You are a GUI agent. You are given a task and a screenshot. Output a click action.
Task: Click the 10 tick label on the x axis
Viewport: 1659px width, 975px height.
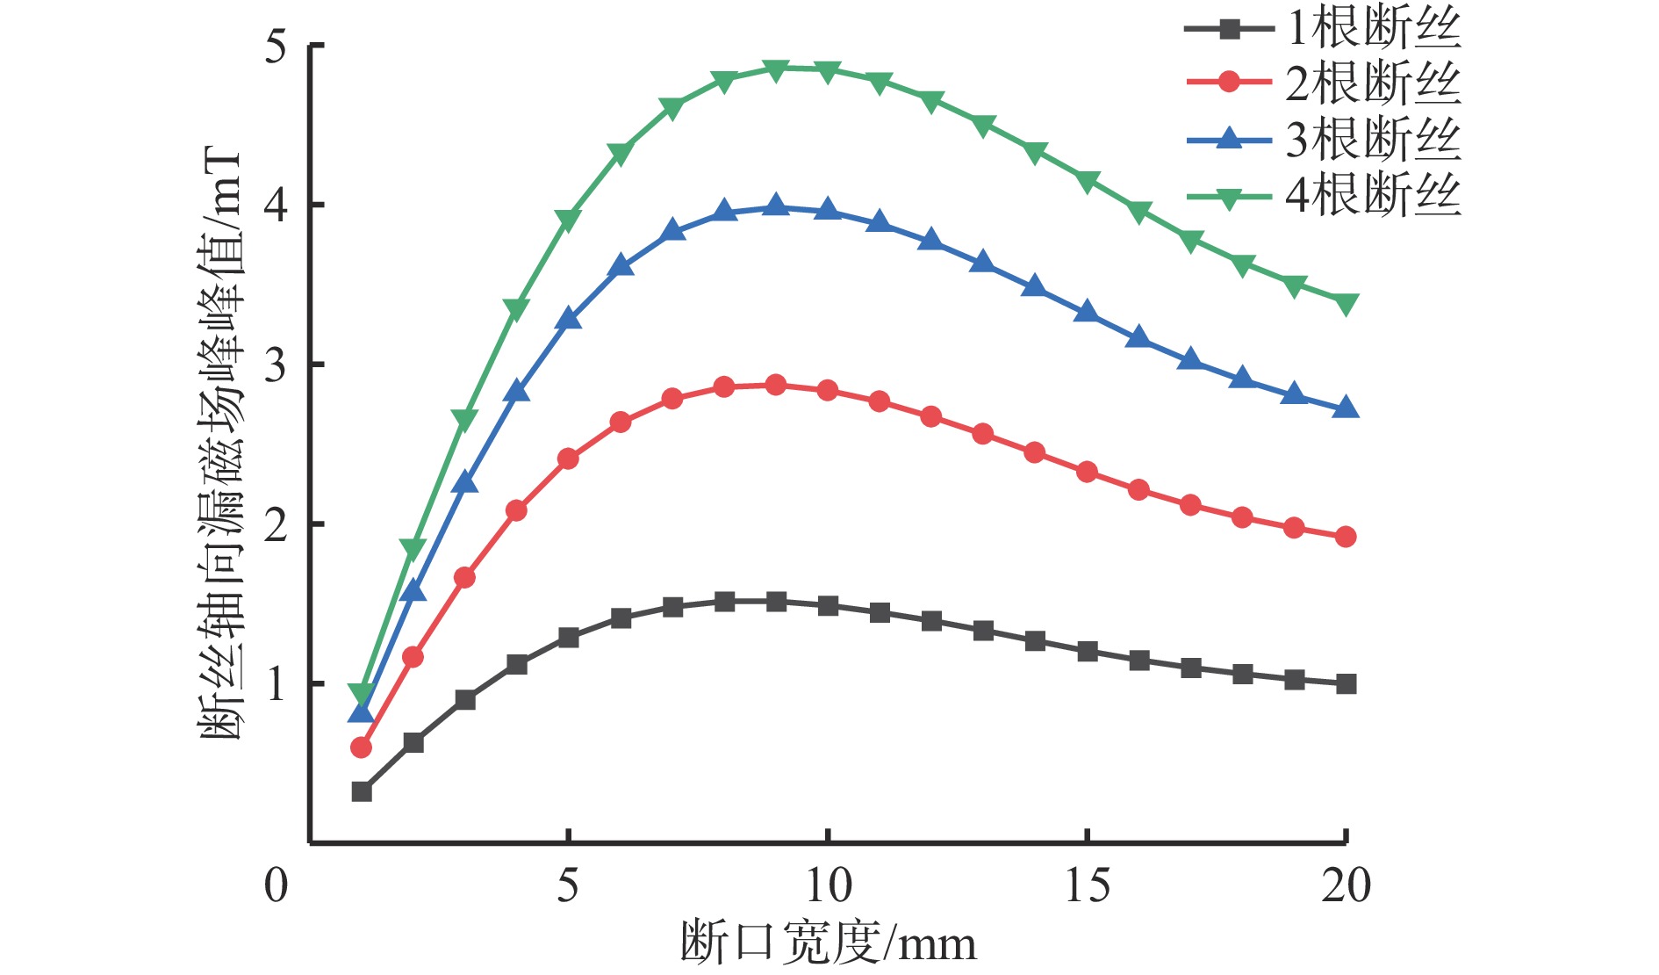pos(827,885)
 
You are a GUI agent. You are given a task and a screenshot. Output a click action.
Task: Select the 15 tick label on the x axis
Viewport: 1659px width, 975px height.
pos(1087,885)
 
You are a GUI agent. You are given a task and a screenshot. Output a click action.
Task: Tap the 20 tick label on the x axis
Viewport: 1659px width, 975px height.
pos(1345,885)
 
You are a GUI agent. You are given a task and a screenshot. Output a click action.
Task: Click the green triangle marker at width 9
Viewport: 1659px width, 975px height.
pos(776,69)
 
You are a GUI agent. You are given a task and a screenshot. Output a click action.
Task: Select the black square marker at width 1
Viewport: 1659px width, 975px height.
pos(361,792)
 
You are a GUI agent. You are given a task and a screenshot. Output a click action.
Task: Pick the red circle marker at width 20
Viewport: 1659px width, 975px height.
pos(1346,537)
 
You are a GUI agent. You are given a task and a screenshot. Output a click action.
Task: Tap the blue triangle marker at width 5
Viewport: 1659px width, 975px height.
pos(569,319)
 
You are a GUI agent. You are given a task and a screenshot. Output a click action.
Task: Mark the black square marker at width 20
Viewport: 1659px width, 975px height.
pos(1346,684)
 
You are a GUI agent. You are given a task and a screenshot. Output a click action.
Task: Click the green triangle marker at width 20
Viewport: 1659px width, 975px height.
pos(1346,304)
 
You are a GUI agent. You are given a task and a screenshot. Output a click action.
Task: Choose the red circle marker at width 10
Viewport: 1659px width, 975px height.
pos(828,390)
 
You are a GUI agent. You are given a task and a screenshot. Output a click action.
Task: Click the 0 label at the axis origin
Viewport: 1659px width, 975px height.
pos(276,885)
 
